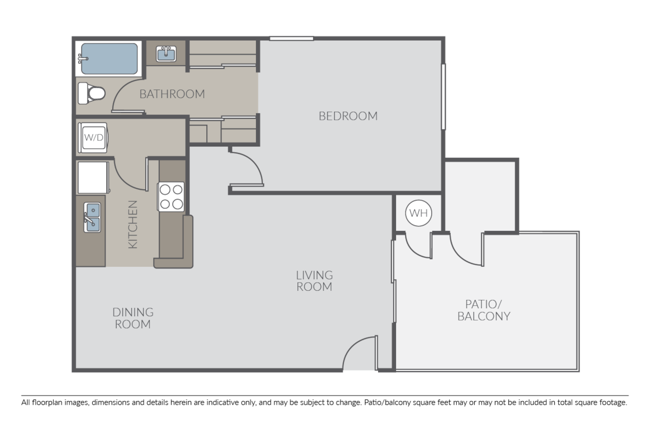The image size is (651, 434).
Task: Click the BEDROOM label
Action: [348, 116]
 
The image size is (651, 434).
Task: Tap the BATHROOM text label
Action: [172, 94]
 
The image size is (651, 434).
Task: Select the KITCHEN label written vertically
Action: [133, 225]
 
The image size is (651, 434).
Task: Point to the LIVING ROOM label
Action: [314, 281]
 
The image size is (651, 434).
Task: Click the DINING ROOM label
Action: [133, 318]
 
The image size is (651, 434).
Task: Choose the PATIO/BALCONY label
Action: [484, 310]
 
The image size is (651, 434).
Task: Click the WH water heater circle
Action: [418, 213]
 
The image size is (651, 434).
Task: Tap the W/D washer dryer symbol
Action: [93, 137]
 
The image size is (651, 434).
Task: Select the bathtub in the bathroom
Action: [108, 59]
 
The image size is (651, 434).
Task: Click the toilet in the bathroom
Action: [91, 93]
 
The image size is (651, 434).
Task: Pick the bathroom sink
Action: [167, 54]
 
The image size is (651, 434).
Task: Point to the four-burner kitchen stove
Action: [171, 196]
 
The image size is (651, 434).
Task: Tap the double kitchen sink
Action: [92, 217]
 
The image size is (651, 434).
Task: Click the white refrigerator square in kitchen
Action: [93, 177]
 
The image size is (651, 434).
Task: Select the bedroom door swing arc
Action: [248, 168]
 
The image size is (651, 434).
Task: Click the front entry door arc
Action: [359, 353]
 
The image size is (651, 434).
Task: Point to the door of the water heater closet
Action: [418, 245]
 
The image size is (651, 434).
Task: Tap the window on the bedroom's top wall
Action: [291, 39]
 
